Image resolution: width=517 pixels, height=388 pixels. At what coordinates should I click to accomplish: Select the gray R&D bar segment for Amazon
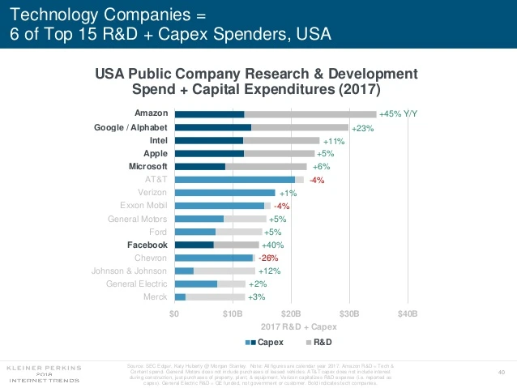coord(310,114)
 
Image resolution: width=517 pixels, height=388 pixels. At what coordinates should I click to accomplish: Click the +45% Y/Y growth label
coord(398,114)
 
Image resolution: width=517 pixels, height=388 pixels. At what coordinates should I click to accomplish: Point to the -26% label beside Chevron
coord(268,258)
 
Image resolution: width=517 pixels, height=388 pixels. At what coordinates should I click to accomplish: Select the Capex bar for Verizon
coord(225,193)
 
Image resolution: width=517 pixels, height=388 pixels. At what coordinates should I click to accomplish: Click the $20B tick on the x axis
coord(290,313)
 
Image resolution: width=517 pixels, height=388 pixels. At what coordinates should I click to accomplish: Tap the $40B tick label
coord(407,313)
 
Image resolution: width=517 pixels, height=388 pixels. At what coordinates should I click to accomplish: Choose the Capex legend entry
coord(255,343)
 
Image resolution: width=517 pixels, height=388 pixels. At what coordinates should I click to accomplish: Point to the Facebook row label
coord(147,245)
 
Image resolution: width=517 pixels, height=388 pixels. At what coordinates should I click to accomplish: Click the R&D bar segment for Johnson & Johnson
coord(224,271)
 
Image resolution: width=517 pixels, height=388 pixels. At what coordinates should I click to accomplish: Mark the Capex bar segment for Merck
coord(180,297)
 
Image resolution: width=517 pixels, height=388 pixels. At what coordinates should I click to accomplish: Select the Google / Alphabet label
coord(132,127)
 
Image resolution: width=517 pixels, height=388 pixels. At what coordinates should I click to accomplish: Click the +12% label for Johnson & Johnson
coord(271,271)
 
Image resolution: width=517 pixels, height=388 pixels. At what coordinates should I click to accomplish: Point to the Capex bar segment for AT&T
coord(234,179)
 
